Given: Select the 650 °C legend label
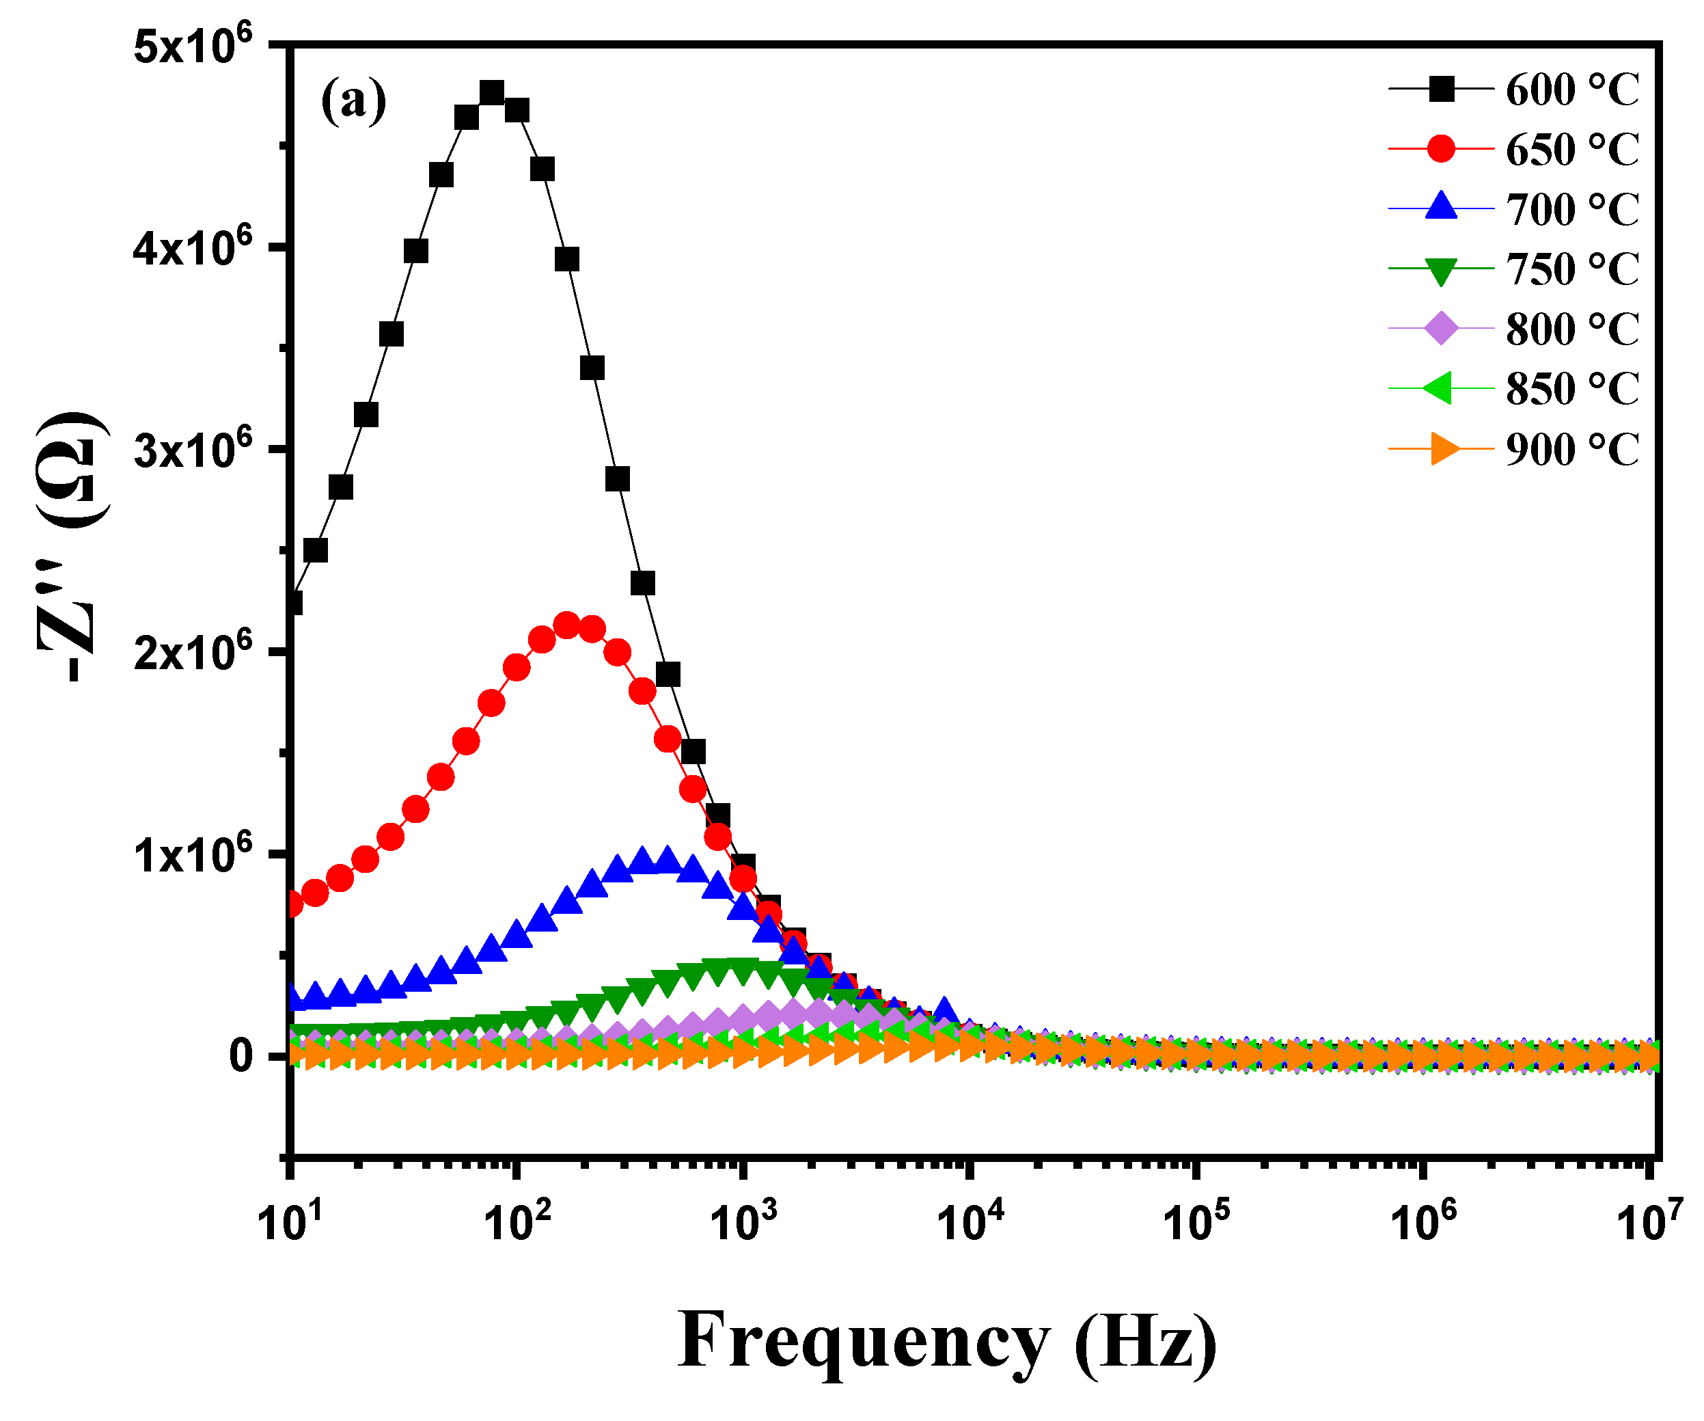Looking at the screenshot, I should [1571, 148].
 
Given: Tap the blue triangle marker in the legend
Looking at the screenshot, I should [1440, 208].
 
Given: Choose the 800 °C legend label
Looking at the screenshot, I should [1571, 329].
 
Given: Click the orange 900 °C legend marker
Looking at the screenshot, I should [1443, 448].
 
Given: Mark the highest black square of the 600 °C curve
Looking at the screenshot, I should [492, 92].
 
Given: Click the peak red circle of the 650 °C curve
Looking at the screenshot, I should [566, 625].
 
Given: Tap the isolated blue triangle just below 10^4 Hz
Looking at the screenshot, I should [944, 1009].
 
